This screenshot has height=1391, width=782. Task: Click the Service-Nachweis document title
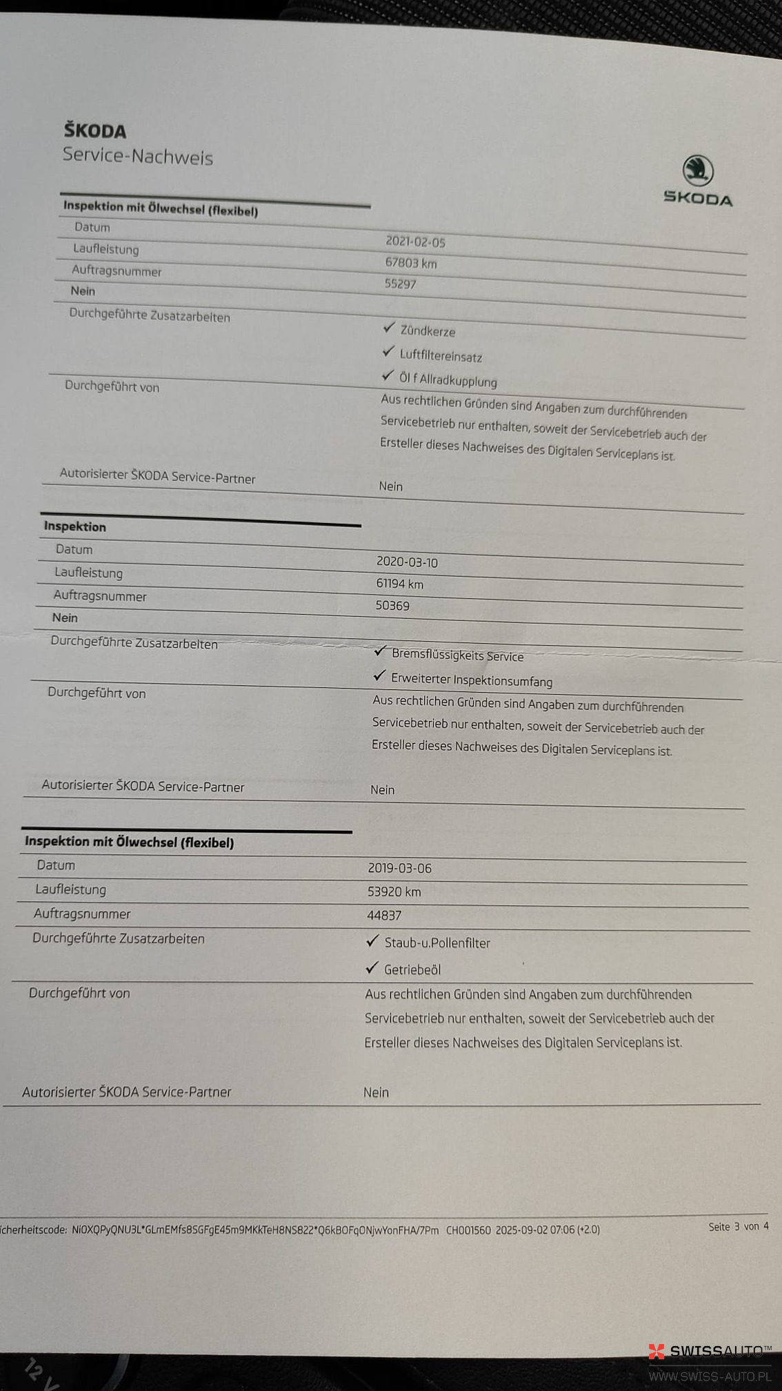pos(138,156)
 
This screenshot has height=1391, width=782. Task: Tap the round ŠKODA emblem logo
pos(698,170)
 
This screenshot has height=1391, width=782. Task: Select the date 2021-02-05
pos(415,241)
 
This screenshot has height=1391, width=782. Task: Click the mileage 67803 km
pos(410,263)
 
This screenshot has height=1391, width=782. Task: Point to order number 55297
pos(400,284)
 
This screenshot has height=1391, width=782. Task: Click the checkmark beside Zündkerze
pos(389,327)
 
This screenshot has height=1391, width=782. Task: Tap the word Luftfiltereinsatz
pos(441,356)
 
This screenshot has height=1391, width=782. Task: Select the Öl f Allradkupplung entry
pos(448,379)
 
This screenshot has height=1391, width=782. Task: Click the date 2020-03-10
pos(407,562)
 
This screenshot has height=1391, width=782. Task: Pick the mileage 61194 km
pos(399,584)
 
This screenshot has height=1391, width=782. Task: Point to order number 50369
pos(392,606)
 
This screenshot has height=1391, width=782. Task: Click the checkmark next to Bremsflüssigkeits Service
pos(380,651)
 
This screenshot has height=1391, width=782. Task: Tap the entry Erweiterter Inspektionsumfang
pos(471,680)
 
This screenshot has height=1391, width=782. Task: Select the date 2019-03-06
pos(399,868)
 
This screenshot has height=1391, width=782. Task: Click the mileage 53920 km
pos(394,891)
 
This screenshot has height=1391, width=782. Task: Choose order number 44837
pos(384,916)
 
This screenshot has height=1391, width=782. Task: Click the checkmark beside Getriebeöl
pos(372,968)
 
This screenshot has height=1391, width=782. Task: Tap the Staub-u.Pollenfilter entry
pos(437,943)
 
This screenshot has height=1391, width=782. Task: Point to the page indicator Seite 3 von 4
pos(738,1226)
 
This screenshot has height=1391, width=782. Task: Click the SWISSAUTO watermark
pos(710,1351)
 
